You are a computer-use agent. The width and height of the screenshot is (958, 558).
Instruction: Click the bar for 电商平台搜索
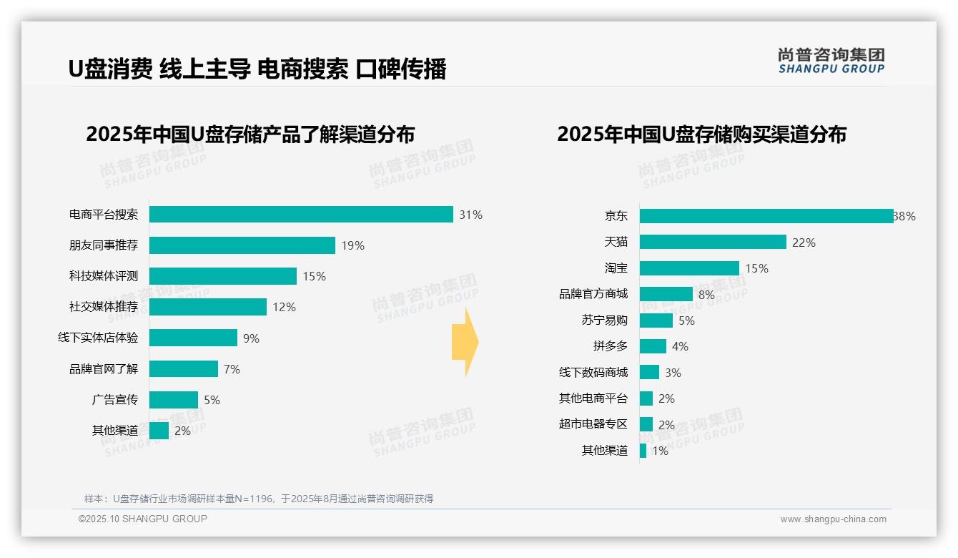pyautogui.click(x=301, y=215)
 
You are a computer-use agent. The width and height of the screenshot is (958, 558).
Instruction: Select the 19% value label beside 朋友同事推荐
pyautogui.click(x=352, y=245)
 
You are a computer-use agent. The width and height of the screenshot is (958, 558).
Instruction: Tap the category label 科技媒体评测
pyautogui.click(x=104, y=276)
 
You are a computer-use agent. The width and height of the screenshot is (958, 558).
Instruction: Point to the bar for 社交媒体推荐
pyautogui.click(x=208, y=307)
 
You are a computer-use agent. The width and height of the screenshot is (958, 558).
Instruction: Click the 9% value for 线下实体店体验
pyautogui.click(x=251, y=338)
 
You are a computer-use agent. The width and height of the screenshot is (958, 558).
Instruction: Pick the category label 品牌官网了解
pyautogui.click(x=104, y=369)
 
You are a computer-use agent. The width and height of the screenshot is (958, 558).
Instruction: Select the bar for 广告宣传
pyautogui.click(x=174, y=400)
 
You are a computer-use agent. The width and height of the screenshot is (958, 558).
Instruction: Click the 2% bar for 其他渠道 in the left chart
pyautogui.click(x=159, y=431)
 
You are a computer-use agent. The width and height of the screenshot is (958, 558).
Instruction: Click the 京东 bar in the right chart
pyautogui.click(x=766, y=216)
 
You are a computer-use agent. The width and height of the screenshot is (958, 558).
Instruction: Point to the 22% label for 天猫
pyautogui.click(x=804, y=243)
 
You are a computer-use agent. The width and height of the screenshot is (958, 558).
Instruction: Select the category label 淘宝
pyautogui.click(x=616, y=268)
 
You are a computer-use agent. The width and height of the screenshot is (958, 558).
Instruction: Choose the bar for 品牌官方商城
pyautogui.click(x=666, y=294)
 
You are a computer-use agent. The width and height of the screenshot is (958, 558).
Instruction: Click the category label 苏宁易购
pyautogui.click(x=604, y=320)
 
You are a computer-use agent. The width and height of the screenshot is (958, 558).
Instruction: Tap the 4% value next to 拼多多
pyautogui.click(x=680, y=346)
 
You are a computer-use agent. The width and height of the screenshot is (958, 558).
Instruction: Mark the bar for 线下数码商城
pyautogui.click(x=649, y=372)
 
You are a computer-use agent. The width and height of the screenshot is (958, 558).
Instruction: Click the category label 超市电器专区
pyautogui.click(x=593, y=424)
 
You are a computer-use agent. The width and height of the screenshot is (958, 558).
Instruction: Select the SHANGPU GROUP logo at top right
pyautogui.click(x=831, y=61)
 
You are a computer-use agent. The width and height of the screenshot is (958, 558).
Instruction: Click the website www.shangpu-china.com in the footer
pyautogui.click(x=833, y=519)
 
